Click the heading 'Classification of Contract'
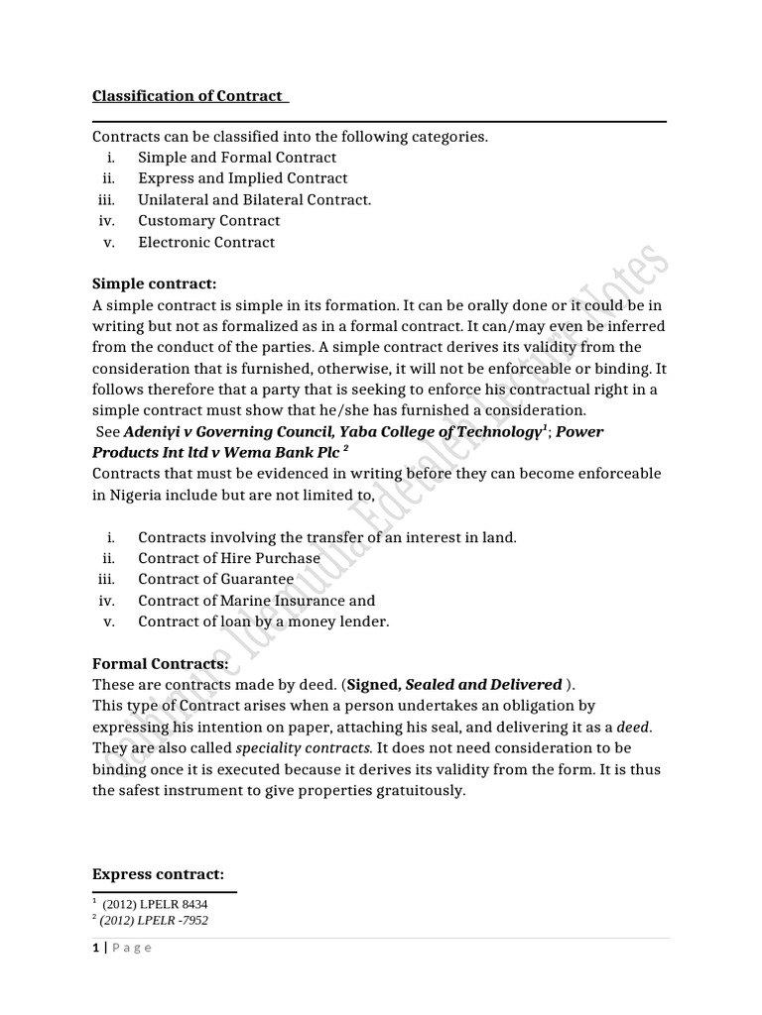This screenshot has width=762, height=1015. click(188, 96)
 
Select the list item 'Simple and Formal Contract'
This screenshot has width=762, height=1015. click(237, 158)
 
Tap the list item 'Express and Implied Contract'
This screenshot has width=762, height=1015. click(243, 178)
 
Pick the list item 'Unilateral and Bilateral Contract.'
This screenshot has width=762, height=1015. click(255, 200)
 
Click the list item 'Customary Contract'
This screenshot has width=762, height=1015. click(209, 221)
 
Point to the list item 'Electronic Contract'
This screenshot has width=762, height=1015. click(206, 243)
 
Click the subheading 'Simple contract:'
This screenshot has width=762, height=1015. click(154, 284)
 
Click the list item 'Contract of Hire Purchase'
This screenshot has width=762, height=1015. click(229, 558)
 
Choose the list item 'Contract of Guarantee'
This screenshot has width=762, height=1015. click(215, 579)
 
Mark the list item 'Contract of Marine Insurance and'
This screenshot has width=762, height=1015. click(257, 601)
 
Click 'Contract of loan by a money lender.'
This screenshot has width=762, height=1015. click(264, 621)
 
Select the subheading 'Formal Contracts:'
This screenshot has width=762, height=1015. click(161, 663)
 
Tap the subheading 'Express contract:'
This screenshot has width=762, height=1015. click(159, 874)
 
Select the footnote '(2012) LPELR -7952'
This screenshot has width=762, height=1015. click(154, 920)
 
